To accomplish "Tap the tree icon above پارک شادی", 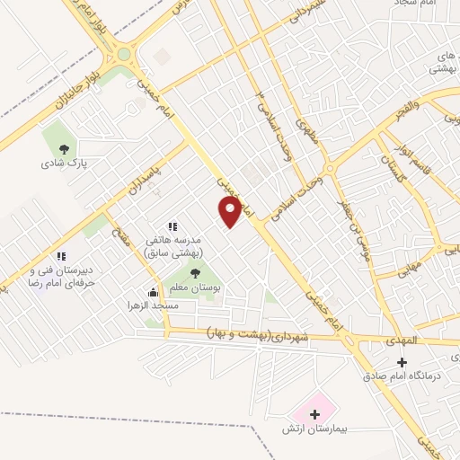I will point(63,150).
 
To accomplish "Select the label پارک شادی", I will point(63,164).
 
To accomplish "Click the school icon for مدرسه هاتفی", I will point(172,226).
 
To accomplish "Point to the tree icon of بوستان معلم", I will point(196,272).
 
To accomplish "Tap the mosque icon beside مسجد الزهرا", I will point(154,292).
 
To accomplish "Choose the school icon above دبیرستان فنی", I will point(60,256).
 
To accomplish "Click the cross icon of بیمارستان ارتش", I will point(314,413).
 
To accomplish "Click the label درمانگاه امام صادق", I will point(402,375).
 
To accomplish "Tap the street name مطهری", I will point(307,140).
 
